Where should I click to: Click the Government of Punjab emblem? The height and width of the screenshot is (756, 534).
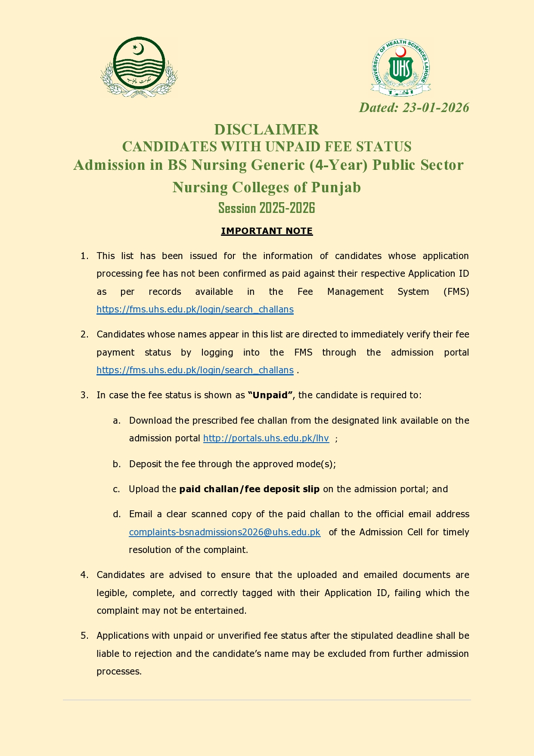[139, 67]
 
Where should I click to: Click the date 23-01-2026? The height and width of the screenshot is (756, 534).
[435, 107]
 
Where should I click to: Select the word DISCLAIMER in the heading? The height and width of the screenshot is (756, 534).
[267, 129]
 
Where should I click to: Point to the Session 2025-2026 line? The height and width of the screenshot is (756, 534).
[267, 208]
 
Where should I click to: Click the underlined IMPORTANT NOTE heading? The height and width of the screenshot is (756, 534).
[267, 231]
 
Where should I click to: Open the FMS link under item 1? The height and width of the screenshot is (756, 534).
[195, 309]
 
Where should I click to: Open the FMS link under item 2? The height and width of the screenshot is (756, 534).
[195, 370]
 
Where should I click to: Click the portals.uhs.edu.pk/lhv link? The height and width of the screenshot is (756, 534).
[266, 438]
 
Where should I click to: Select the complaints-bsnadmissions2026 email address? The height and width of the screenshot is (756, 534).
[224, 532]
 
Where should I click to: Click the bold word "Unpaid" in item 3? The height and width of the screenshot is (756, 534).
[270, 395]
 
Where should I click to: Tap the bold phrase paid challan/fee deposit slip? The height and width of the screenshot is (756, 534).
[249, 489]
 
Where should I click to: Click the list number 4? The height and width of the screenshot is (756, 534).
[84, 575]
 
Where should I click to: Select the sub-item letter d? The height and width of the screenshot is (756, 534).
[117, 514]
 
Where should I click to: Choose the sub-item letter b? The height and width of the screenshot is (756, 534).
[117, 464]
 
